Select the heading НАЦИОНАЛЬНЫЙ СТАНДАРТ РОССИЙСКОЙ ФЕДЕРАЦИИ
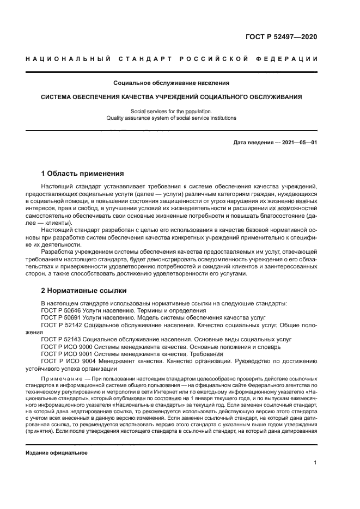click(x=171, y=59)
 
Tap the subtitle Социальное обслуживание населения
click(x=171, y=83)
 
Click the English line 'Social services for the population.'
click(x=171, y=111)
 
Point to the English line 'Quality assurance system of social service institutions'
click(x=171, y=118)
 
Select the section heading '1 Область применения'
click(x=82, y=174)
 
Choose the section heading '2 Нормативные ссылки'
click(x=84, y=290)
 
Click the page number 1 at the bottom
click(x=315, y=463)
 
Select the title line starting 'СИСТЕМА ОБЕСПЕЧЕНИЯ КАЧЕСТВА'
click(x=171, y=97)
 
